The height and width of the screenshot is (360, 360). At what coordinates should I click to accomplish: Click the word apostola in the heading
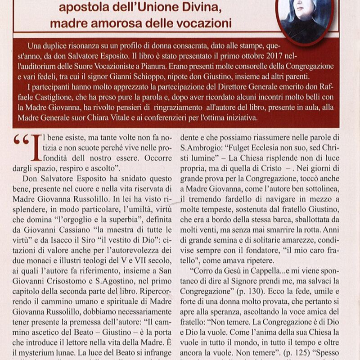click(85, 7)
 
